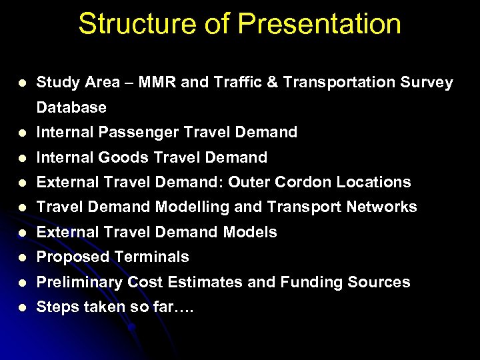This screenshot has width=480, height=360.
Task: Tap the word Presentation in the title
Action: (x=319, y=24)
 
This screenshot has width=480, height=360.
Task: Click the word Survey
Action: (x=426, y=83)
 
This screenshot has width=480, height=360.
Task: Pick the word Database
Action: (x=71, y=107)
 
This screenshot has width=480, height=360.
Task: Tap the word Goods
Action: (x=125, y=157)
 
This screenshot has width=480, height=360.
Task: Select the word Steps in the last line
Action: (x=56, y=307)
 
